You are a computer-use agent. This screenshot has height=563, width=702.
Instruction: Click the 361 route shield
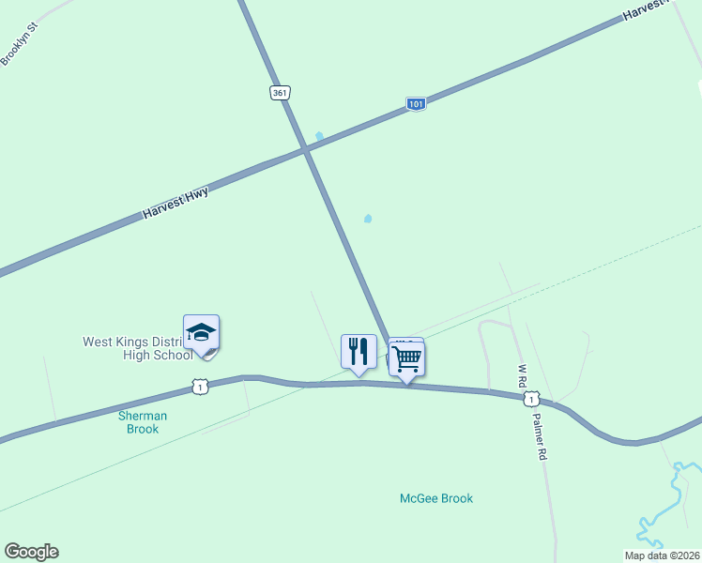click(x=280, y=92)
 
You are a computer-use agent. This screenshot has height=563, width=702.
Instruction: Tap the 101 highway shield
click(x=417, y=104)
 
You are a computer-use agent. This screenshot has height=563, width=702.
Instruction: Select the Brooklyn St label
click(x=18, y=43)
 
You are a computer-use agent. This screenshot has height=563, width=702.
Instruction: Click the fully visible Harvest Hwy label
click(x=175, y=202)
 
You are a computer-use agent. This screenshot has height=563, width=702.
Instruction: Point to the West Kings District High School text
click(x=138, y=348)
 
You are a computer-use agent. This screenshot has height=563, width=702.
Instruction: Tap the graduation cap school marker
click(x=201, y=334)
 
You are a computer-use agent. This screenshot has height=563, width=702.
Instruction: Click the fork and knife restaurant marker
click(x=359, y=353)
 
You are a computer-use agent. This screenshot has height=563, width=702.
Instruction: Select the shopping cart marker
click(x=406, y=358)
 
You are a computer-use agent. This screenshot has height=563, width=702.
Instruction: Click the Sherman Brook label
click(x=143, y=422)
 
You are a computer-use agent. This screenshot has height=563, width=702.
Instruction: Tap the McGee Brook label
click(x=435, y=498)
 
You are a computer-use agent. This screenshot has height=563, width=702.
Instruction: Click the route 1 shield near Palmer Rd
click(x=531, y=400)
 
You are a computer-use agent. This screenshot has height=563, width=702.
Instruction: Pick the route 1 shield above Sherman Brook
click(x=198, y=387)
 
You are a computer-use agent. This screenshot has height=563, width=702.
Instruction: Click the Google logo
click(x=31, y=552)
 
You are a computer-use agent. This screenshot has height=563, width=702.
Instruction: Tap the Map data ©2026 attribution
click(x=662, y=555)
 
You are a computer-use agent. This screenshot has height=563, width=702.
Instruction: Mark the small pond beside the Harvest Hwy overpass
click(x=320, y=137)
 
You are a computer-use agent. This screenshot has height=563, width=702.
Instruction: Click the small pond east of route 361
click(x=368, y=219)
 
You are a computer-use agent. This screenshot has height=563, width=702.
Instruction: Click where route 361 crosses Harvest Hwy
click(x=305, y=150)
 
